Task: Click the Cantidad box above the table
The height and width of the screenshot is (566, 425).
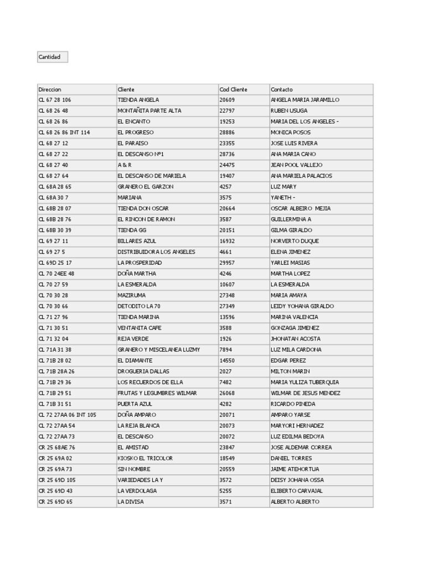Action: [53, 57]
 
